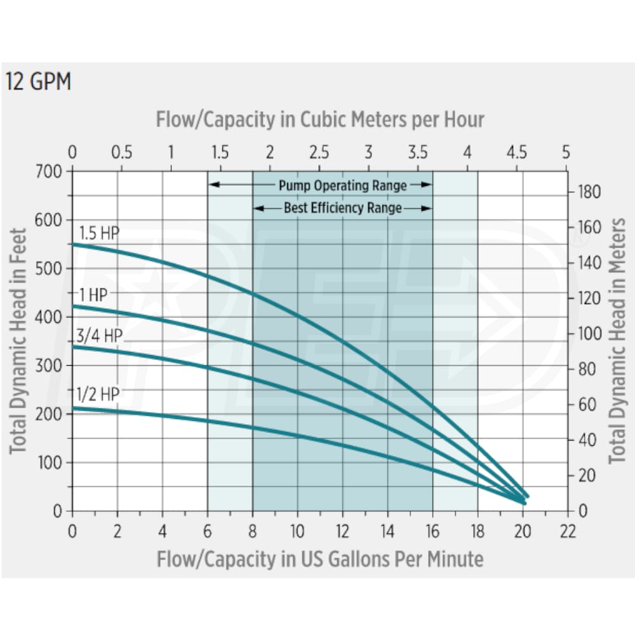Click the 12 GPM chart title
click(x=38, y=83)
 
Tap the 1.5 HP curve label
click(x=99, y=233)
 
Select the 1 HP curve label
click(x=93, y=295)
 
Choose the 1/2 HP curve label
click(x=98, y=394)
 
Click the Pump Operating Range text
click(x=342, y=185)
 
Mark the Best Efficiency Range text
click(x=342, y=208)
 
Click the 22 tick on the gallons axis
click(x=568, y=531)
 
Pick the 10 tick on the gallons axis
click(x=297, y=531)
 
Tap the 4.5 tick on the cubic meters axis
click(x=517, y=153)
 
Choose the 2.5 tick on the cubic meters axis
click(x=319, y=153)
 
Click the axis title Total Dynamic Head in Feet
click(x=19, y=341)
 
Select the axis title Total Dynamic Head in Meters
click(x=617, y=341)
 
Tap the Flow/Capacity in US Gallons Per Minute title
click(x=320, y=559)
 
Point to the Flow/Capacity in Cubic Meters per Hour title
click(x=320, y=119)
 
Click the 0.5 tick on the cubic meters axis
click(x=121, y=153)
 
